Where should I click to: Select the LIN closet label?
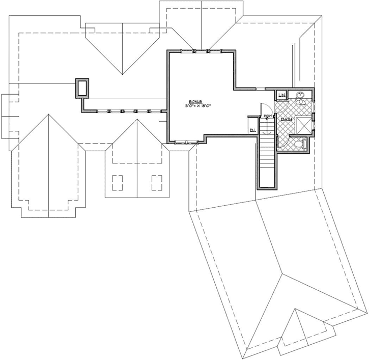[x=281, y=95]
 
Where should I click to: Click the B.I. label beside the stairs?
[x=252, y=130]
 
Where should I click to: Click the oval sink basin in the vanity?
[x=301, y=95]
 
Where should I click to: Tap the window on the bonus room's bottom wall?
[x=183, y=142]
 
